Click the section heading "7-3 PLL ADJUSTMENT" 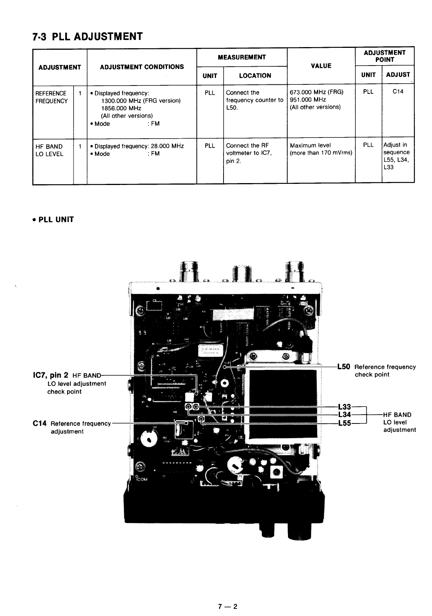tap(87, 37)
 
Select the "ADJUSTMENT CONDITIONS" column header tap(142, 67)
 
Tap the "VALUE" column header tap(321, 66)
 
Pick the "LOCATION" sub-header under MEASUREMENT tap(255, 76)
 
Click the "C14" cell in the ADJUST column tap(398, 92)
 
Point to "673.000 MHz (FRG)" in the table tap(316, 92)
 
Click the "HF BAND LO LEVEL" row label tap(49, 150)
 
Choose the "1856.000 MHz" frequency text tap(116, 108)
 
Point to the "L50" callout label tap(344, 367)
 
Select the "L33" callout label tap(345, 407)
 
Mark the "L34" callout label tap(345, 415)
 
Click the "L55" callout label tap(345, 423)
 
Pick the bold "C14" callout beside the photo tap(40, 423)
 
